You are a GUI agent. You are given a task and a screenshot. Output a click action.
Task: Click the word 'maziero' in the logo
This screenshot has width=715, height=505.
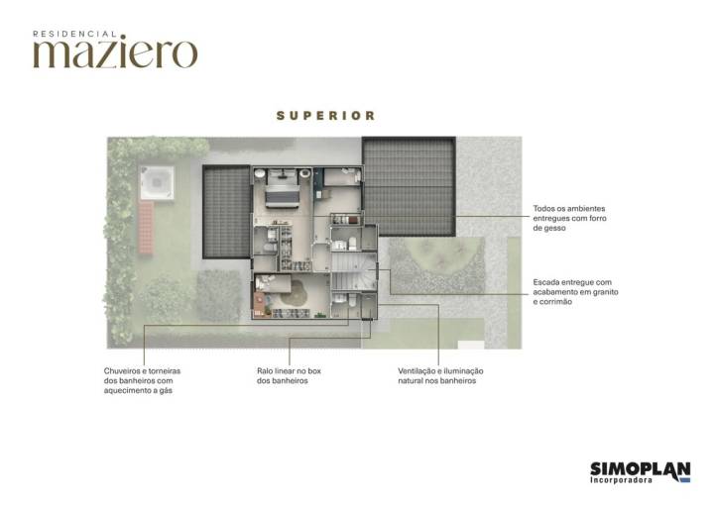tap(115, 52)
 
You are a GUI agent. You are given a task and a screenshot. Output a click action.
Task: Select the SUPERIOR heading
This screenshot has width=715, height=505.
tap(326, 116)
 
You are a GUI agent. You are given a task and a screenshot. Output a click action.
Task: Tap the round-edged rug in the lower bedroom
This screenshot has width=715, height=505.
tap(295, 294)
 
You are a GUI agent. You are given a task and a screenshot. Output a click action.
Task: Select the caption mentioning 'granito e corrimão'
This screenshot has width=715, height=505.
tap(573, 291)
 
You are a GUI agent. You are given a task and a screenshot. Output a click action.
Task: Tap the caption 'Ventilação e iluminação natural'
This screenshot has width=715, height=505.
tap(440, 375)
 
